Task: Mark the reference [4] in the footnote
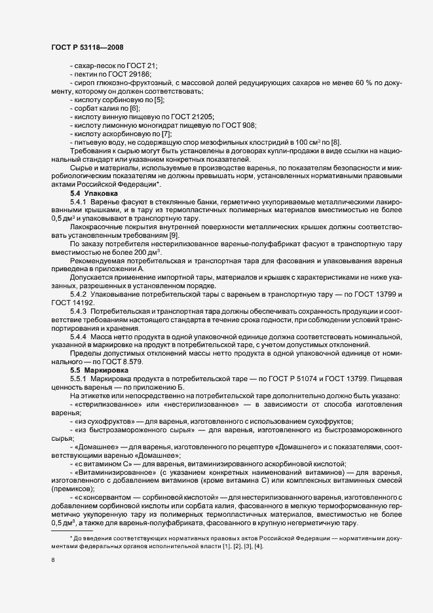click(259, 546)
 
